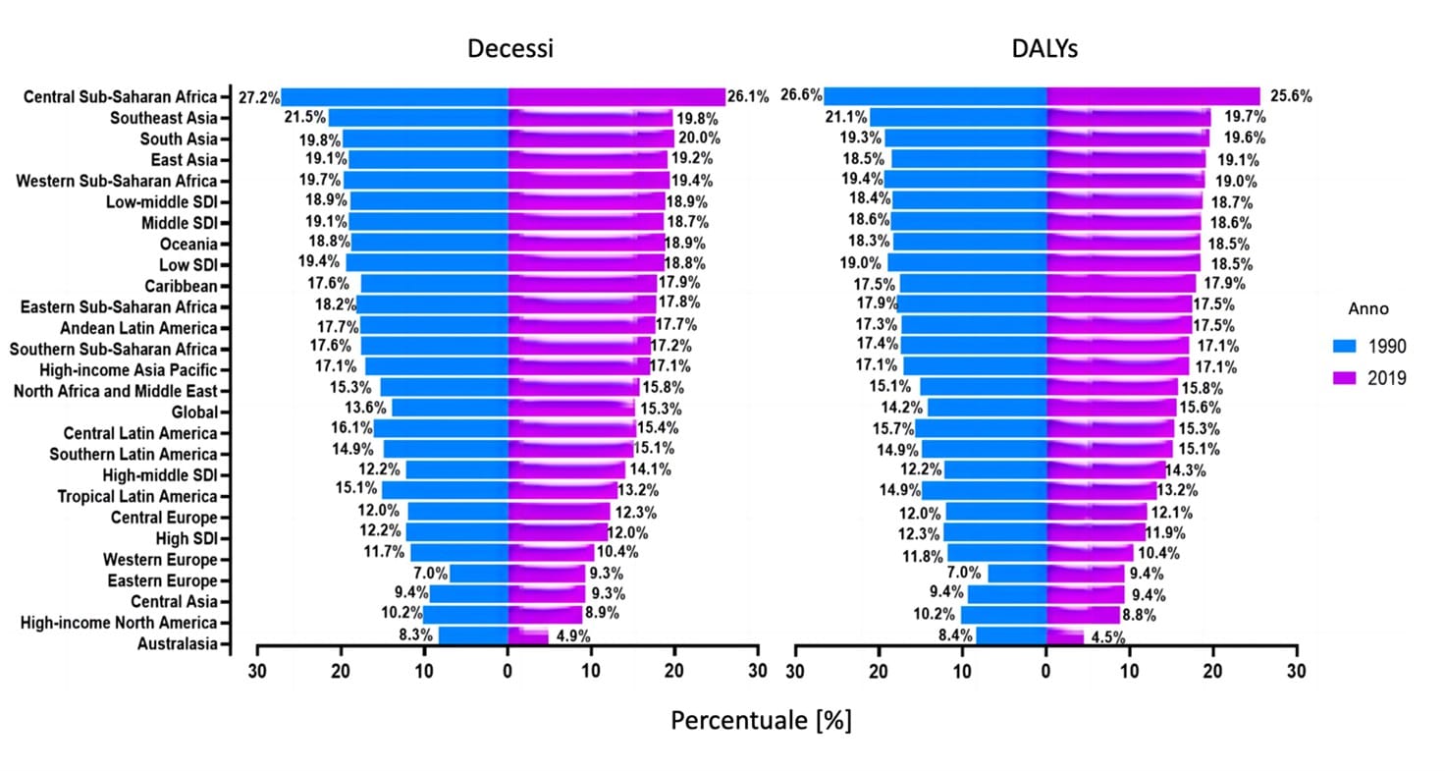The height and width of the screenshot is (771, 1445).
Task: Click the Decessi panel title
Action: (x=509, y=49)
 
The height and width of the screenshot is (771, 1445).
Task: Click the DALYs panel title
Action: (x=1046, y=49)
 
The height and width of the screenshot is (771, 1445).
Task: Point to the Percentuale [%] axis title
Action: (x=761, y=720)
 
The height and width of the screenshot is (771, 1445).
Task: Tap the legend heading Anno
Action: (x=1367, y=308)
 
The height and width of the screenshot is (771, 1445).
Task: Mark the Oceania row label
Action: (x=188, y=244)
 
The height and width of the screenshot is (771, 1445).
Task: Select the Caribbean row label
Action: (x=183, y=286)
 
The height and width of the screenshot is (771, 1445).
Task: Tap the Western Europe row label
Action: (x=160, y=560)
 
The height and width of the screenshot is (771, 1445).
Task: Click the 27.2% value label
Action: (x=259, y=97)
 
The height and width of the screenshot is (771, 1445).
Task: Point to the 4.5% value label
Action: (x=1105, y=637)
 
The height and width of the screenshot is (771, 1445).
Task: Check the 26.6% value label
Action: (x=801, y=95)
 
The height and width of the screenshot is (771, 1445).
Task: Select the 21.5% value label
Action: (x=304, y=118)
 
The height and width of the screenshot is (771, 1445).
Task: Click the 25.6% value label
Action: (x=1290, y=96)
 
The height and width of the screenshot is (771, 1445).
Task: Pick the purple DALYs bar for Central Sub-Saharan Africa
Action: (x=1153, y=95)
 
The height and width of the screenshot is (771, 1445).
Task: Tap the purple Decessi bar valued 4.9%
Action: (x=528, y=635)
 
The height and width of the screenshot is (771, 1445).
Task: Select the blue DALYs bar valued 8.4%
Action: (x=1011, y=635)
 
